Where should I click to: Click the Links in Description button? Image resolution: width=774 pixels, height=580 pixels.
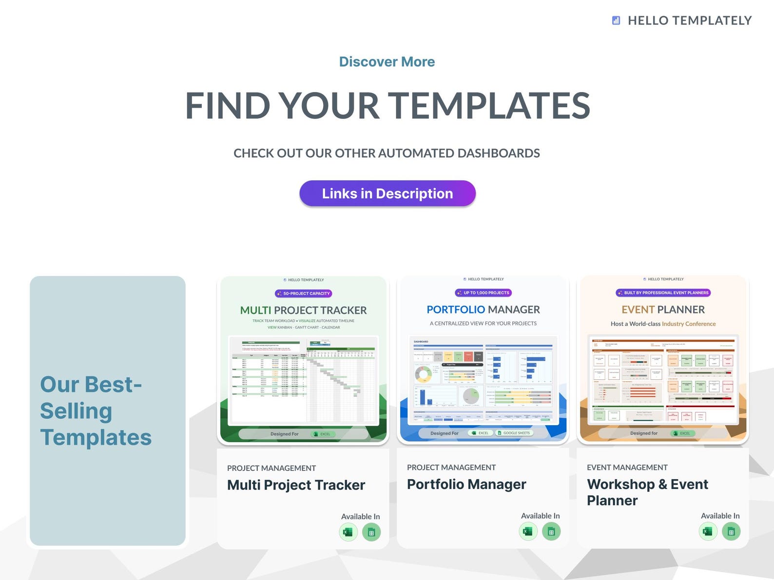[x=387, y=193]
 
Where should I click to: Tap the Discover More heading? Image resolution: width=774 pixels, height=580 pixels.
[x=387, y=62]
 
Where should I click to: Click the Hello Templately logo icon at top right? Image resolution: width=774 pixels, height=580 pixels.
[x=616, y=20]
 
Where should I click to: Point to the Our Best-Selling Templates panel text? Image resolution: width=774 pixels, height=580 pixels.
[x=96, y=411]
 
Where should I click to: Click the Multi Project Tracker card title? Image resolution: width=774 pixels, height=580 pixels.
[x=296, y=485]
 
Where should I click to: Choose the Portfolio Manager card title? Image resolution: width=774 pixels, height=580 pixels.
[x=466, y=484]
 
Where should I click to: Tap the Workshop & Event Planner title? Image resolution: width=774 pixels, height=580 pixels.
[x=647, y=492]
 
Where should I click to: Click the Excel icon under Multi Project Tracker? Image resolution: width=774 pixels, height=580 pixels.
[x=348, y=532]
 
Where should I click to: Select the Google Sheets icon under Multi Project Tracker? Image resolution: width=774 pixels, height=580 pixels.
[x=371, y=532]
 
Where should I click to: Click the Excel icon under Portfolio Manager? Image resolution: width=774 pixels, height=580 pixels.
[x=528, y=531]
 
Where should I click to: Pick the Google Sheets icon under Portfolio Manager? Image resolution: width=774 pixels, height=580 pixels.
[x=551, y=531]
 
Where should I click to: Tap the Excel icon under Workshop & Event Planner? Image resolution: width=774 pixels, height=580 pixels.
[x=708, y=531]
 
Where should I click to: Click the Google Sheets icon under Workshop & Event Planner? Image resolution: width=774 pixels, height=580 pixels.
[x=731, y=531]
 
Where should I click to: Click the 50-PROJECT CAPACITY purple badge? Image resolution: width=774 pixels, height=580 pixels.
[x=304, y=294]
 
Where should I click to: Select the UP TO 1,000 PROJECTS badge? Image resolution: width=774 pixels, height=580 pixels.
[x=484, y=293]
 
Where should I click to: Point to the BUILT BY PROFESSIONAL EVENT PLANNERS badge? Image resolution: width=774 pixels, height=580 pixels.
[x=663, y=293]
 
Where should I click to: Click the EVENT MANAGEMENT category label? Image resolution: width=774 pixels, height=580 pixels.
[x=627, y=468]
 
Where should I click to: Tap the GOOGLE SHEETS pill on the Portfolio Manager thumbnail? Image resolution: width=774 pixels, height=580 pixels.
[x=514, y=433]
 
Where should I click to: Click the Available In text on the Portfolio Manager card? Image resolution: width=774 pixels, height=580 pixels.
[x=540, y=516]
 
